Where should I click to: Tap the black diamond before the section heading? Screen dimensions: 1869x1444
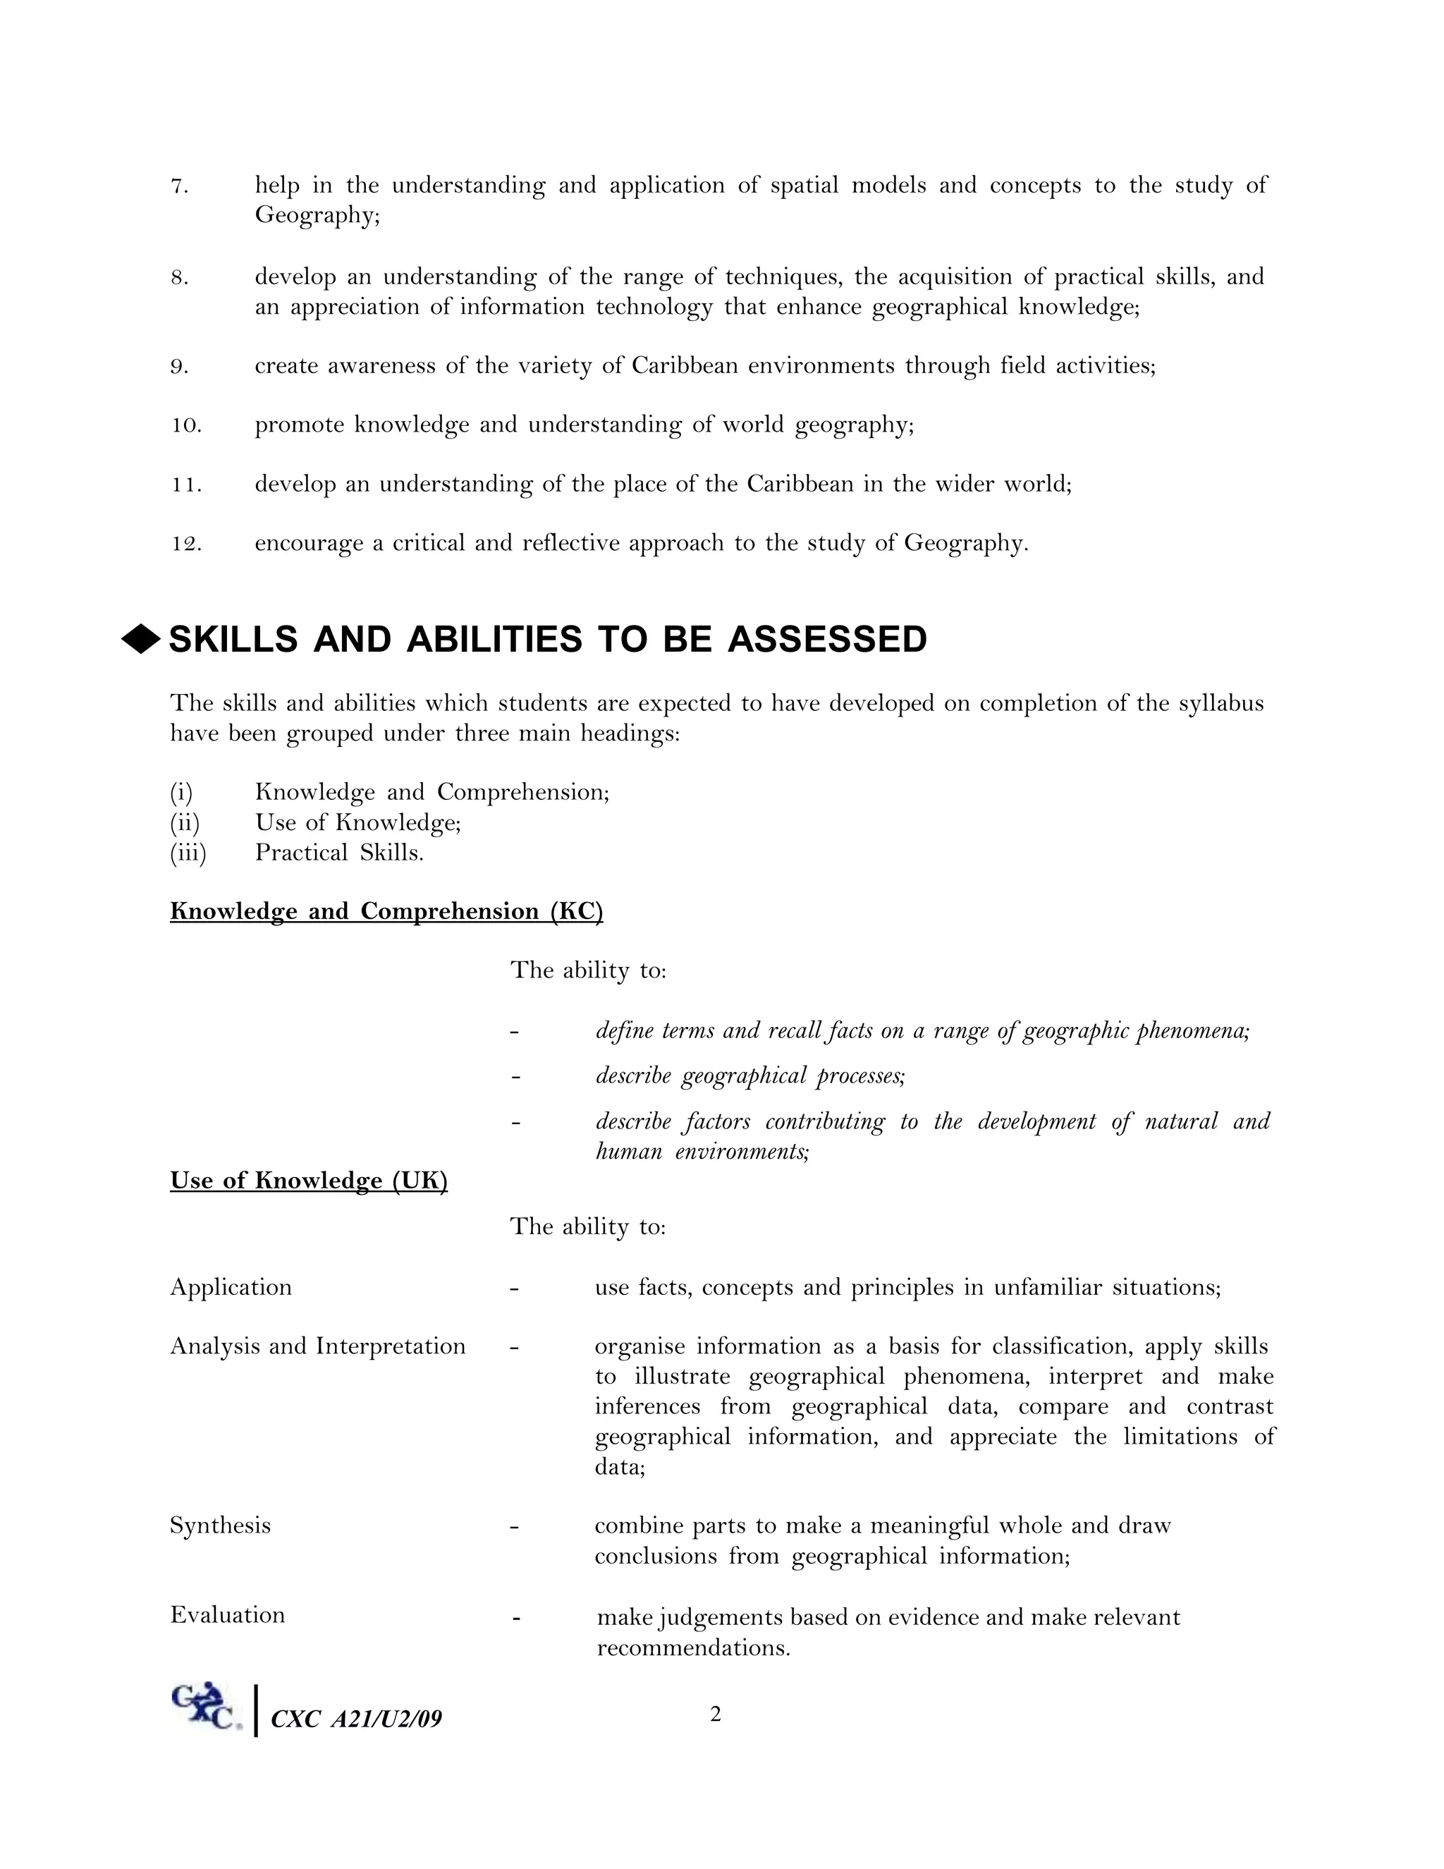[x=141, y=639]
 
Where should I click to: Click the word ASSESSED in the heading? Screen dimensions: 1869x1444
[x=826, y=640]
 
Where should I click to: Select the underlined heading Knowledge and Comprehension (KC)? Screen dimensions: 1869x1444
[x=386, y=911]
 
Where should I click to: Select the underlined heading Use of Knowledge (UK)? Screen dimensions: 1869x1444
[x=309, y=1181]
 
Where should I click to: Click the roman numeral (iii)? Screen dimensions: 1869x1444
[x=188, y=853]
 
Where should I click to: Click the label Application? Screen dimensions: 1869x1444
[x=231, y=1287]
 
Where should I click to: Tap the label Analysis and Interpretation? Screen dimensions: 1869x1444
[x=317, y=1346]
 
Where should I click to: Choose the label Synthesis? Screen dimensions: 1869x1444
[x=220, y=1525]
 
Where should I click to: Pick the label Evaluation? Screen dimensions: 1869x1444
[x=228, y=1615]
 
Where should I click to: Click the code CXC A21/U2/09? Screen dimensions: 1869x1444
[x=356, y=1718]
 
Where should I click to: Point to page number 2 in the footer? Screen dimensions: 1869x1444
[x=715, y=1714]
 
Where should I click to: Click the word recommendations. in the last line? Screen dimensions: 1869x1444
[x=693, y=1648]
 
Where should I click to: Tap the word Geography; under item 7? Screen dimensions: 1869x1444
[x=317, y=216]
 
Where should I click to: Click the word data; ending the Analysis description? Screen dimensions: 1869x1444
[x=619, y=1467]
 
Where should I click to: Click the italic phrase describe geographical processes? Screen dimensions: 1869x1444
[x=750, y=1076]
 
